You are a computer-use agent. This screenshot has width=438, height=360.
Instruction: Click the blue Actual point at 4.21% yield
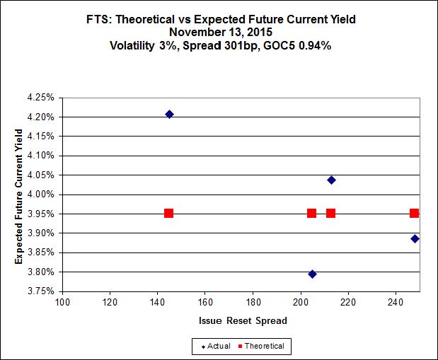coord(169,114)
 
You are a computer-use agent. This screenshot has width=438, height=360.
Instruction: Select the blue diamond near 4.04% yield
coord(331,180)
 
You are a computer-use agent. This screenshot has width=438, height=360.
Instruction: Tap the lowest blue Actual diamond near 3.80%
coord(312,274)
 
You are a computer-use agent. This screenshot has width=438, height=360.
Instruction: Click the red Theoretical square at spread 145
coord(168,213)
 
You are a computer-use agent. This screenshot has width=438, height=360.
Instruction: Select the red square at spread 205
coord(311,213)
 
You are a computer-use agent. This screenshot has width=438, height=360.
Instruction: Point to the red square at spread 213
coord(330,213)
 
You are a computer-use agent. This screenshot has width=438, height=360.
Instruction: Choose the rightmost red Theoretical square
coord(414,213)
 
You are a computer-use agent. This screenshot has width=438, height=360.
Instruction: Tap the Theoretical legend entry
coord(262,346)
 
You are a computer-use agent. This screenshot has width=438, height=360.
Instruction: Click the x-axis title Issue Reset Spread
coord(243,320)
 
